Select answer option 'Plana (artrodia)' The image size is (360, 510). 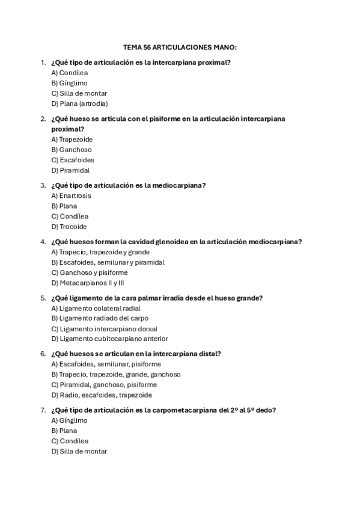coord(80,103)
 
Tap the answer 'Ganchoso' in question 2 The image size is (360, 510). coord(72,150)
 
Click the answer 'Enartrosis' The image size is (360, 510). coord(72,195)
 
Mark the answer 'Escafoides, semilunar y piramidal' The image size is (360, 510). coord(108,262)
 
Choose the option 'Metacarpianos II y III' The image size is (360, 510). coord(87,283)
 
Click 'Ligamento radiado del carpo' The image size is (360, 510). coord(100,318)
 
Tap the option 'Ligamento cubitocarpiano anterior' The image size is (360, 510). coord(109,339)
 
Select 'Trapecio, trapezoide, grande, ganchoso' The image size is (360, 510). coord(116,374)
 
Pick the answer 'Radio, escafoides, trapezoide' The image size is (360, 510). coord(101,395)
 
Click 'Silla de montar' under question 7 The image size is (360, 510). coord(79,452)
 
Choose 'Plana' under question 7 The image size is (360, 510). coord(64,431)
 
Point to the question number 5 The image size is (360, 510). coord(43,298)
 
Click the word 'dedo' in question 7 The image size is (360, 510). coord(266,410)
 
